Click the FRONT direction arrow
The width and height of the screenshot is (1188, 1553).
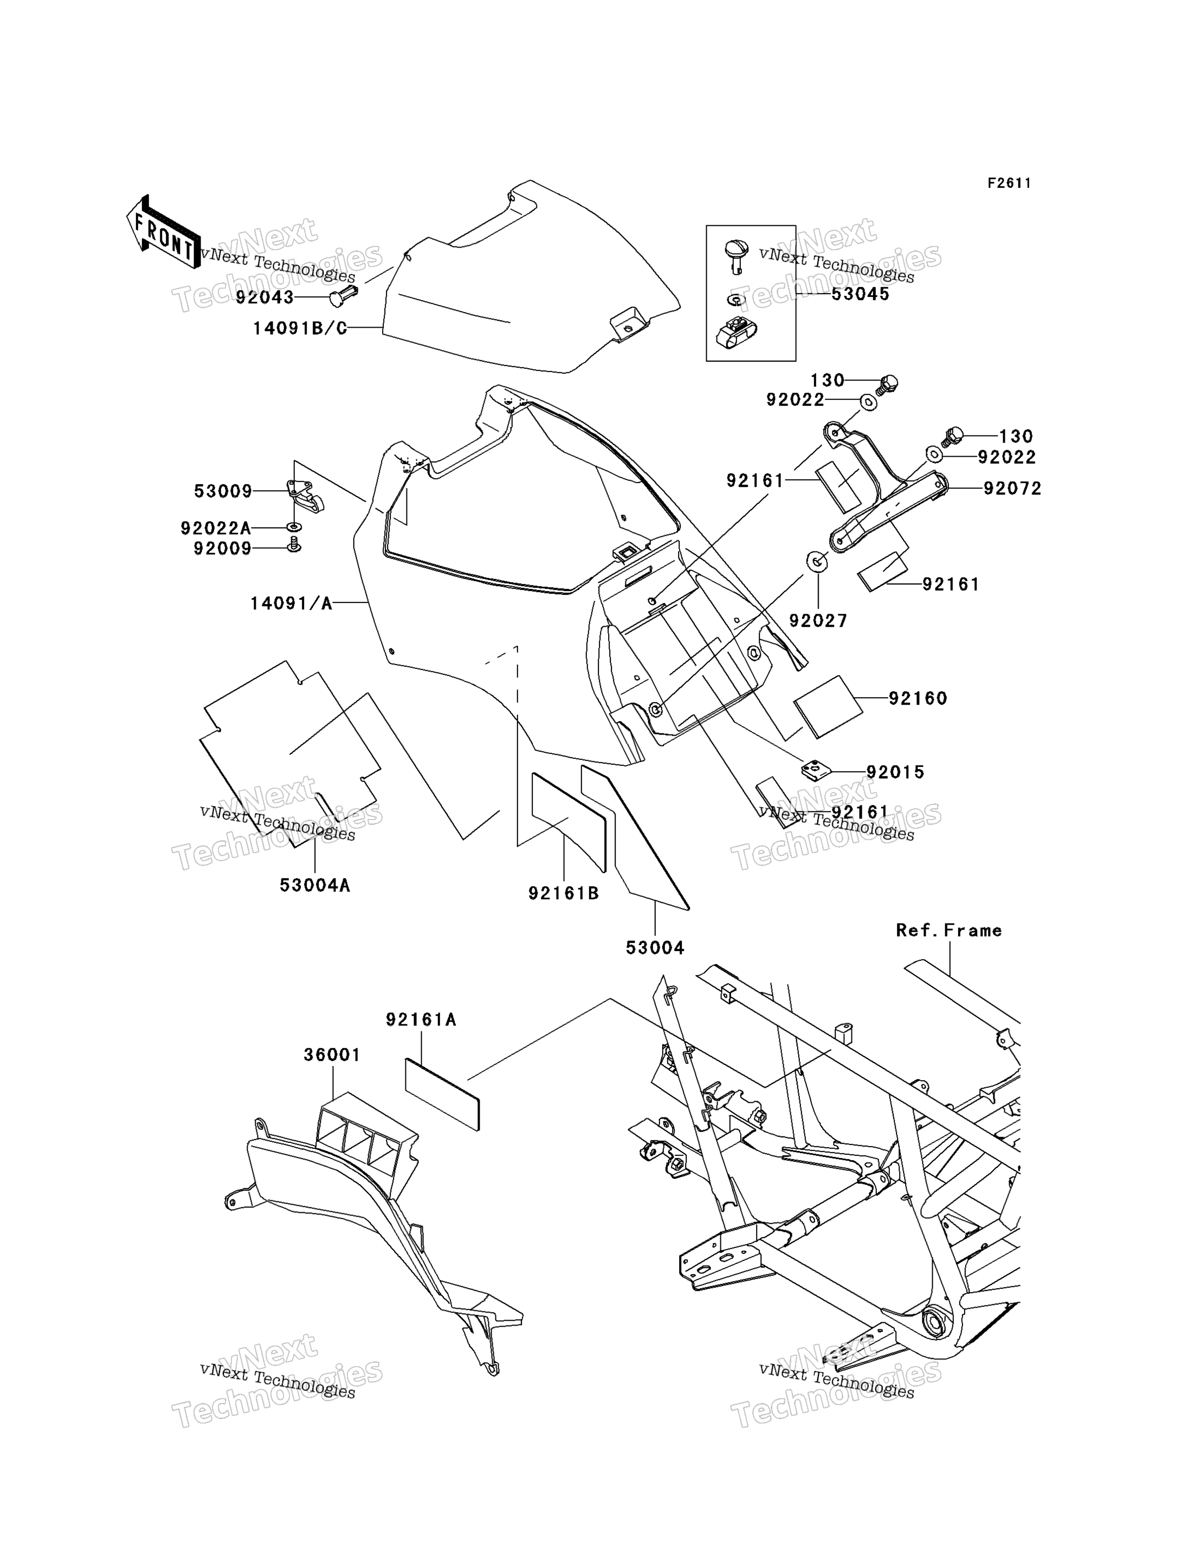[163, 232]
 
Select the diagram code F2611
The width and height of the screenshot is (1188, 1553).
[1009, 183]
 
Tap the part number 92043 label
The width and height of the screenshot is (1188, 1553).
[264, 297]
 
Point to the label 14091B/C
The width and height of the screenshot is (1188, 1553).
[300, 329]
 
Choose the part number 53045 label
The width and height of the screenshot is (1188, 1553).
[860, 294]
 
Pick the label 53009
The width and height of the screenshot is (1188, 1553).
[223, 491]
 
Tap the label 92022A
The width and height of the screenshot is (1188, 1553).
[216, 528]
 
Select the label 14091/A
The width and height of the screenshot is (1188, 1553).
[292, 603]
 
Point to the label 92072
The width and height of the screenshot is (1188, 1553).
[1012, 489]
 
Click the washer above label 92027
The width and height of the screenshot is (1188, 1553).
[817, 562]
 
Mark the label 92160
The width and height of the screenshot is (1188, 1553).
[918, 698]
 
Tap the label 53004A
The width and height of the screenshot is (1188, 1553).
[315, 885]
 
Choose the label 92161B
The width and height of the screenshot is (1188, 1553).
[564, 893]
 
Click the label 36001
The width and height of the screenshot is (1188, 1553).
[332, 1055]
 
